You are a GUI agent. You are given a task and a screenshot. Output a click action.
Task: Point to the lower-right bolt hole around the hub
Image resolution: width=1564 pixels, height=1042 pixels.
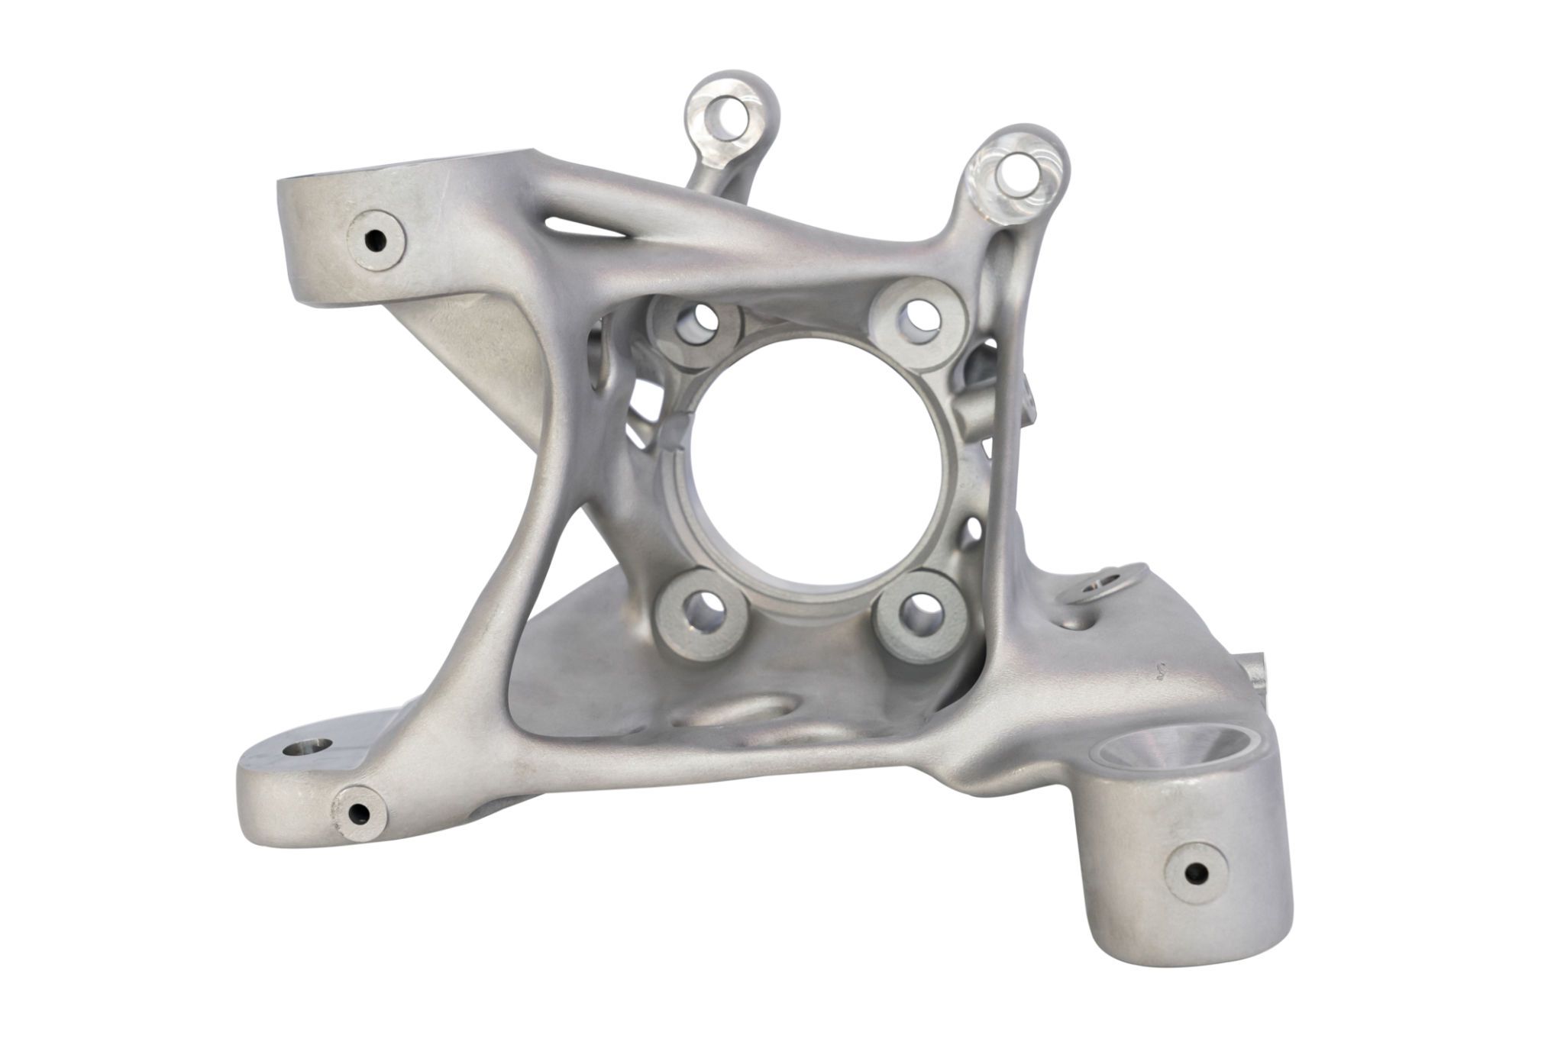913,608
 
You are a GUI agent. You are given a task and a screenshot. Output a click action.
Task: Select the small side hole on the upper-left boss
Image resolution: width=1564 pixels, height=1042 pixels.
376,241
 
